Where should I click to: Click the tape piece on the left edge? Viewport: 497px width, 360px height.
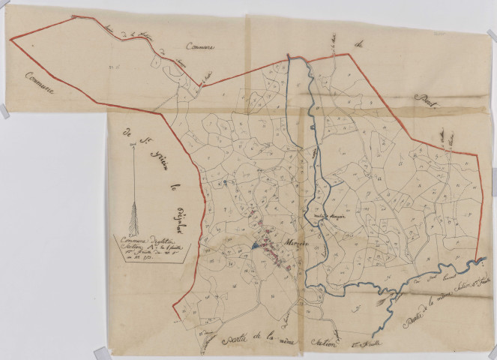[4, 110]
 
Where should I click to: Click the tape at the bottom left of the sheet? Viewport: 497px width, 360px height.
[100, 352]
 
